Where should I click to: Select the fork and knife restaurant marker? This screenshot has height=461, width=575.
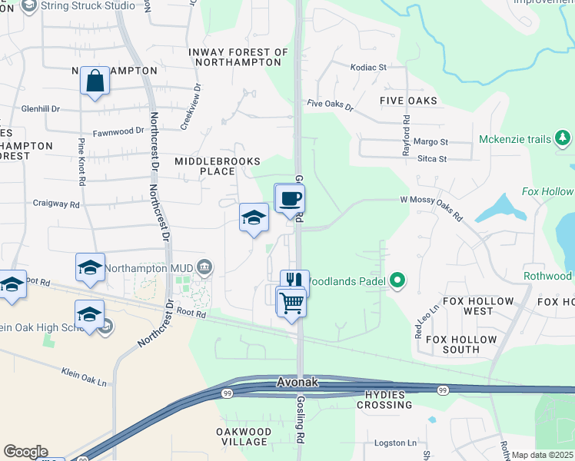pyautogui.click(x=294, y=282)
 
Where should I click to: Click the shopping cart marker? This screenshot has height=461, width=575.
pyautogui.click(x=291, y=303)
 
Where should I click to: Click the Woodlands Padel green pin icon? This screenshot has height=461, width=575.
pyautogui.click(x=397, y=280)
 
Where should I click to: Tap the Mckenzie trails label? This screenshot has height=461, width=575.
pyautogui.click(x=515, y=139)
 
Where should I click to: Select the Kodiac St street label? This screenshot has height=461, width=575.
pyautogui.click(x=368, y=68)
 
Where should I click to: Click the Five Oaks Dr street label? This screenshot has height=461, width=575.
pyautogui.click(x=329, y=104)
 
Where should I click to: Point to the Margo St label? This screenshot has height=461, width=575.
pyautogui.click(x=430, y=142)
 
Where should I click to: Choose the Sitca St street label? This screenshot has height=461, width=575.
pyautogui.click(x=430, y=159)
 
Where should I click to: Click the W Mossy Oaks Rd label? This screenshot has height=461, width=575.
pyautogui.click(x=431, y=208)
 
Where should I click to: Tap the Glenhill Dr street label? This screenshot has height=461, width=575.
pyautogui.click(x=41, y=109)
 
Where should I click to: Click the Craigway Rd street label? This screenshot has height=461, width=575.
pyautogui.click(x=56, y=205)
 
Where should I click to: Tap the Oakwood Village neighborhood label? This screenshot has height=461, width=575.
pyautogui.click(x=243, y=437)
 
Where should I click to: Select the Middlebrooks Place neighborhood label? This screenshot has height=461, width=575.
pyautogui.click(x=218, y=166)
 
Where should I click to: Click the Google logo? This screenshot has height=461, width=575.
pyautogui.click(x=26, y=452)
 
